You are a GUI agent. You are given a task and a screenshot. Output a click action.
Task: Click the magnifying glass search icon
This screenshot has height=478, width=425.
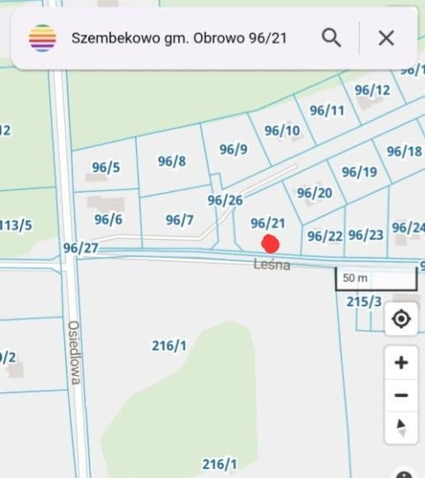click(x=331, y=37)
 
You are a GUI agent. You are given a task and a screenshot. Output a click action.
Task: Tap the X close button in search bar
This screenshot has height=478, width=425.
click(x=385, y=37)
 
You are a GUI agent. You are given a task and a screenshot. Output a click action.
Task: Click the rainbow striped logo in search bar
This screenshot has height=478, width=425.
click(x=43, y=38)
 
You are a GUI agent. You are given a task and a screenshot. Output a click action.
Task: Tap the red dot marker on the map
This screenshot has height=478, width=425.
click(x=270, y=244)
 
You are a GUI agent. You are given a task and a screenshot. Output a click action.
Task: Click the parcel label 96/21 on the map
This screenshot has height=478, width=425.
click(x=268, y=223)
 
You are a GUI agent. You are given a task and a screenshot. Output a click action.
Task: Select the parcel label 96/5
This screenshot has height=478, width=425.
click(x=105, y=167)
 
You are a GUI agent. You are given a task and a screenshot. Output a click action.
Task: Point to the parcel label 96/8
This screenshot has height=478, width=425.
click(x=171, y=161)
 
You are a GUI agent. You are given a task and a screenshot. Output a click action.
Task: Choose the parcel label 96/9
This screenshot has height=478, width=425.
click(x=233, y=149)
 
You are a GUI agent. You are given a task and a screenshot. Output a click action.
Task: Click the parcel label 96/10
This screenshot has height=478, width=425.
click(x=282, y=130)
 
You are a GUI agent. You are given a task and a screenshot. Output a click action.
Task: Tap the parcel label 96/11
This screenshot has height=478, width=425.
click(x=327, y=110)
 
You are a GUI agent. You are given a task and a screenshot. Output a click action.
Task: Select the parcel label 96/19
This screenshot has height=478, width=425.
click(x=359, y=171)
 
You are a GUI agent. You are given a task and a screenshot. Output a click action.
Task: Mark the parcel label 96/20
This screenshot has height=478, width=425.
click(x=314, y=193)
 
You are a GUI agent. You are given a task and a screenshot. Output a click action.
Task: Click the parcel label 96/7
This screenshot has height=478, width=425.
click(x=179, y=219)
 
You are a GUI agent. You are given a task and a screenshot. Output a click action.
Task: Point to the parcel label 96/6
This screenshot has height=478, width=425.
click(x=108, y=218)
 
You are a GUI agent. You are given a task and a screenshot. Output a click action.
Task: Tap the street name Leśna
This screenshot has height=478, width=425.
click(x=271, y=265)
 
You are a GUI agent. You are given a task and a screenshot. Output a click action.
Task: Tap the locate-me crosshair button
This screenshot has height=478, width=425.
click(x=401, y=319)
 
